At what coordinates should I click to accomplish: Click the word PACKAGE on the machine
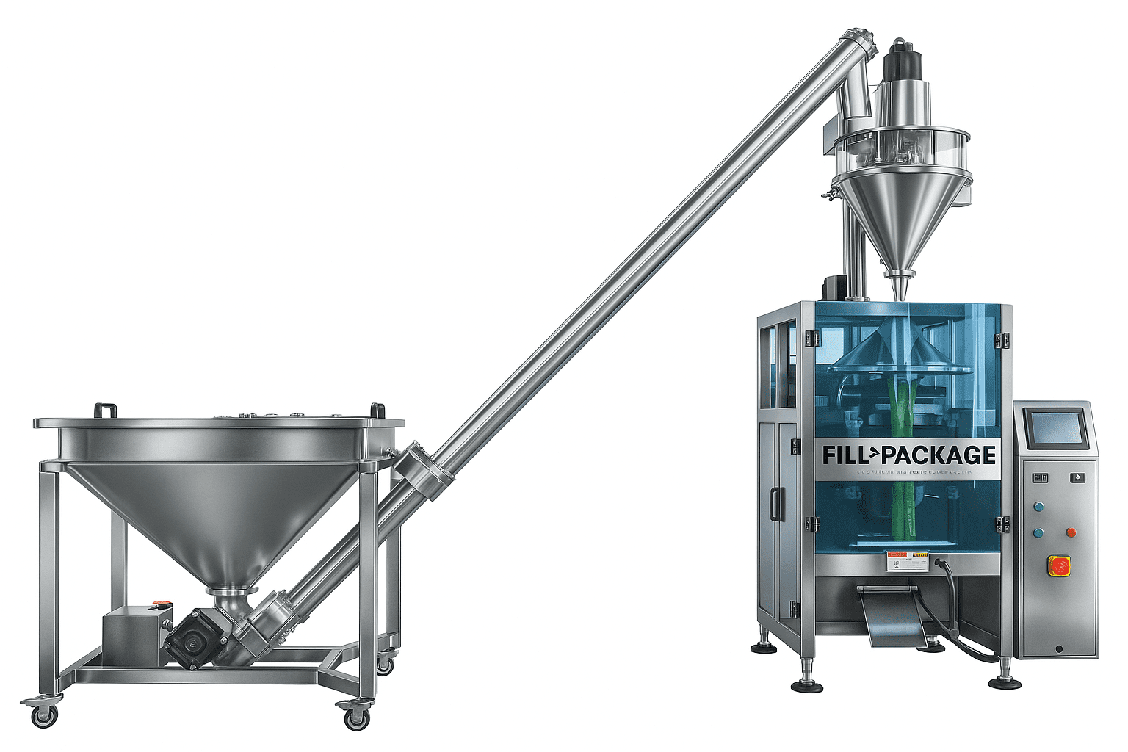940,455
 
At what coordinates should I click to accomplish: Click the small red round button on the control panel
1071,532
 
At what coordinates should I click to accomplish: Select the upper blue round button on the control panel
1038,506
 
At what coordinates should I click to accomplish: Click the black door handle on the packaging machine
774,505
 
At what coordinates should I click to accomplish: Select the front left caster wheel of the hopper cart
45,713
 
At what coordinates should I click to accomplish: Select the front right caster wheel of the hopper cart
356,717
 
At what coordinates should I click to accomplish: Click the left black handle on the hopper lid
105,409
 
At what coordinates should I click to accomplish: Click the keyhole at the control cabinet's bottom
1058,648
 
